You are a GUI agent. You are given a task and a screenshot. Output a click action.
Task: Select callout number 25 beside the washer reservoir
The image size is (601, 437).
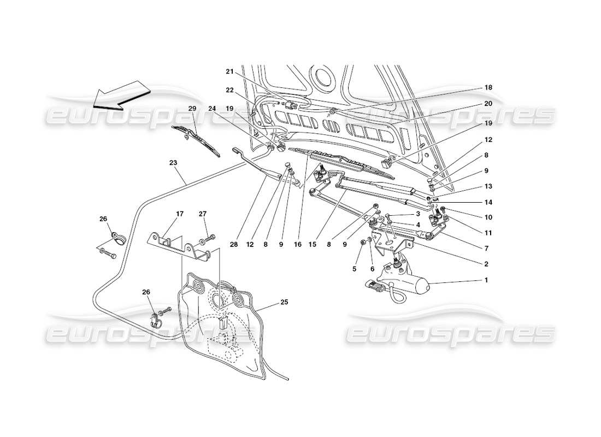284,302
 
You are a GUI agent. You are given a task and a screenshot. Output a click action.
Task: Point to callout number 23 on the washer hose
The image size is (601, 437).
174,162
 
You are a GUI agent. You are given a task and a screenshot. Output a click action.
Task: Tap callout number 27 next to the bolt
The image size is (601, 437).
203,214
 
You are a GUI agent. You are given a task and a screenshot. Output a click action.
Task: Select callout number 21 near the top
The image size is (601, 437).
230,71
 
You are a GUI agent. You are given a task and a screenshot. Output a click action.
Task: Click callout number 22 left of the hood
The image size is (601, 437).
230,90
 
